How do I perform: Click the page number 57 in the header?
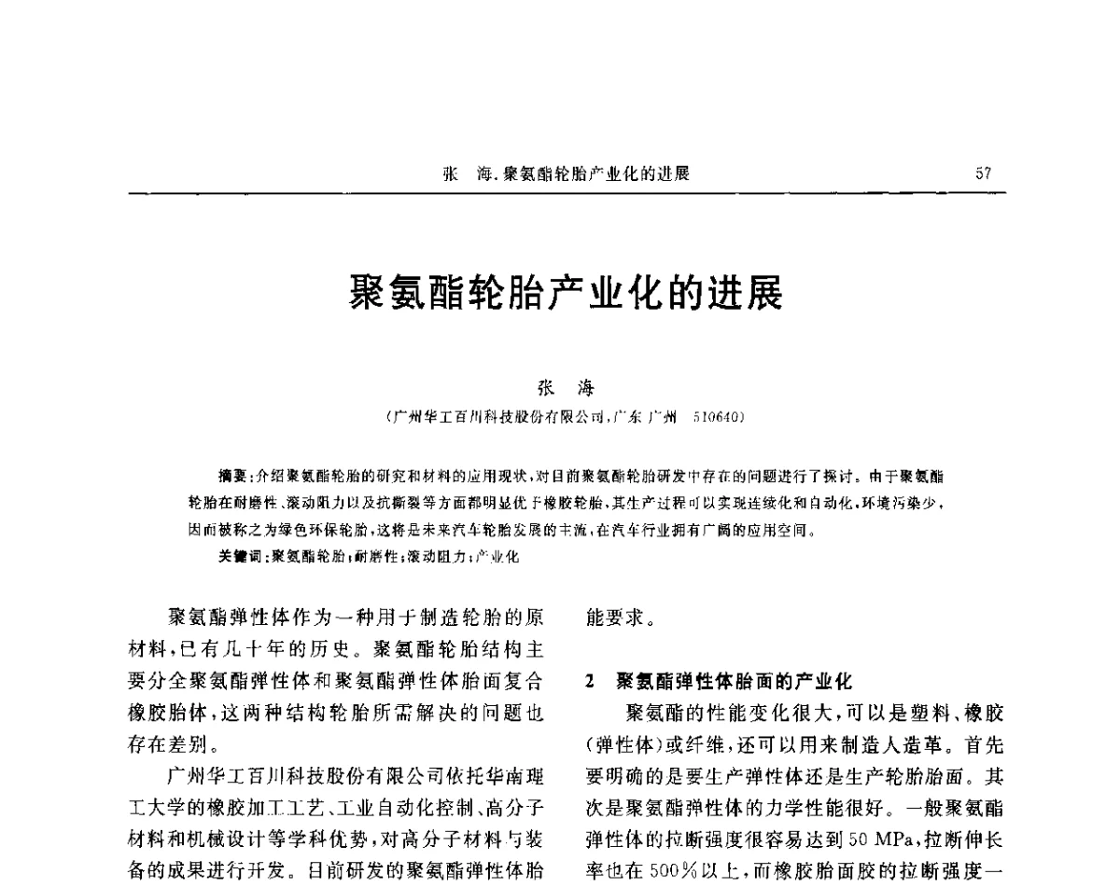983,173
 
